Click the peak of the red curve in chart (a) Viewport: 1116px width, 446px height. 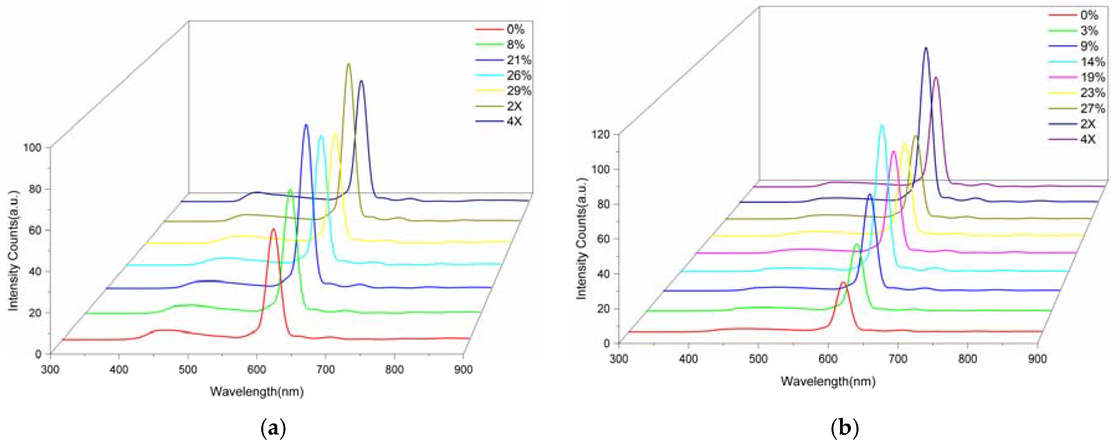pyautogui.click(x=273, y=229)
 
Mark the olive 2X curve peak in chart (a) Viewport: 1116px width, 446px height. pyautogui.click(x=348, y=64)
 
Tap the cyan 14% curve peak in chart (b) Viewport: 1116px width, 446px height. pyautogui.click(x=882, y=126)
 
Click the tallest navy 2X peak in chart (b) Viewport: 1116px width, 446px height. pyautogui.click(x=926, y=48)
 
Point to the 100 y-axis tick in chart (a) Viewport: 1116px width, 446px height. pyautogui.click(x=32, y=148)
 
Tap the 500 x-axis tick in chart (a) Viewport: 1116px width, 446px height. pyautogui.click(x=188, y=370)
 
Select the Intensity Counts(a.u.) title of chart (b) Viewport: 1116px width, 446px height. pyautogui.click(x=581, y=239)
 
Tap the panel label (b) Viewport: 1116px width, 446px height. pyautogui.click(x=844, y=429)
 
